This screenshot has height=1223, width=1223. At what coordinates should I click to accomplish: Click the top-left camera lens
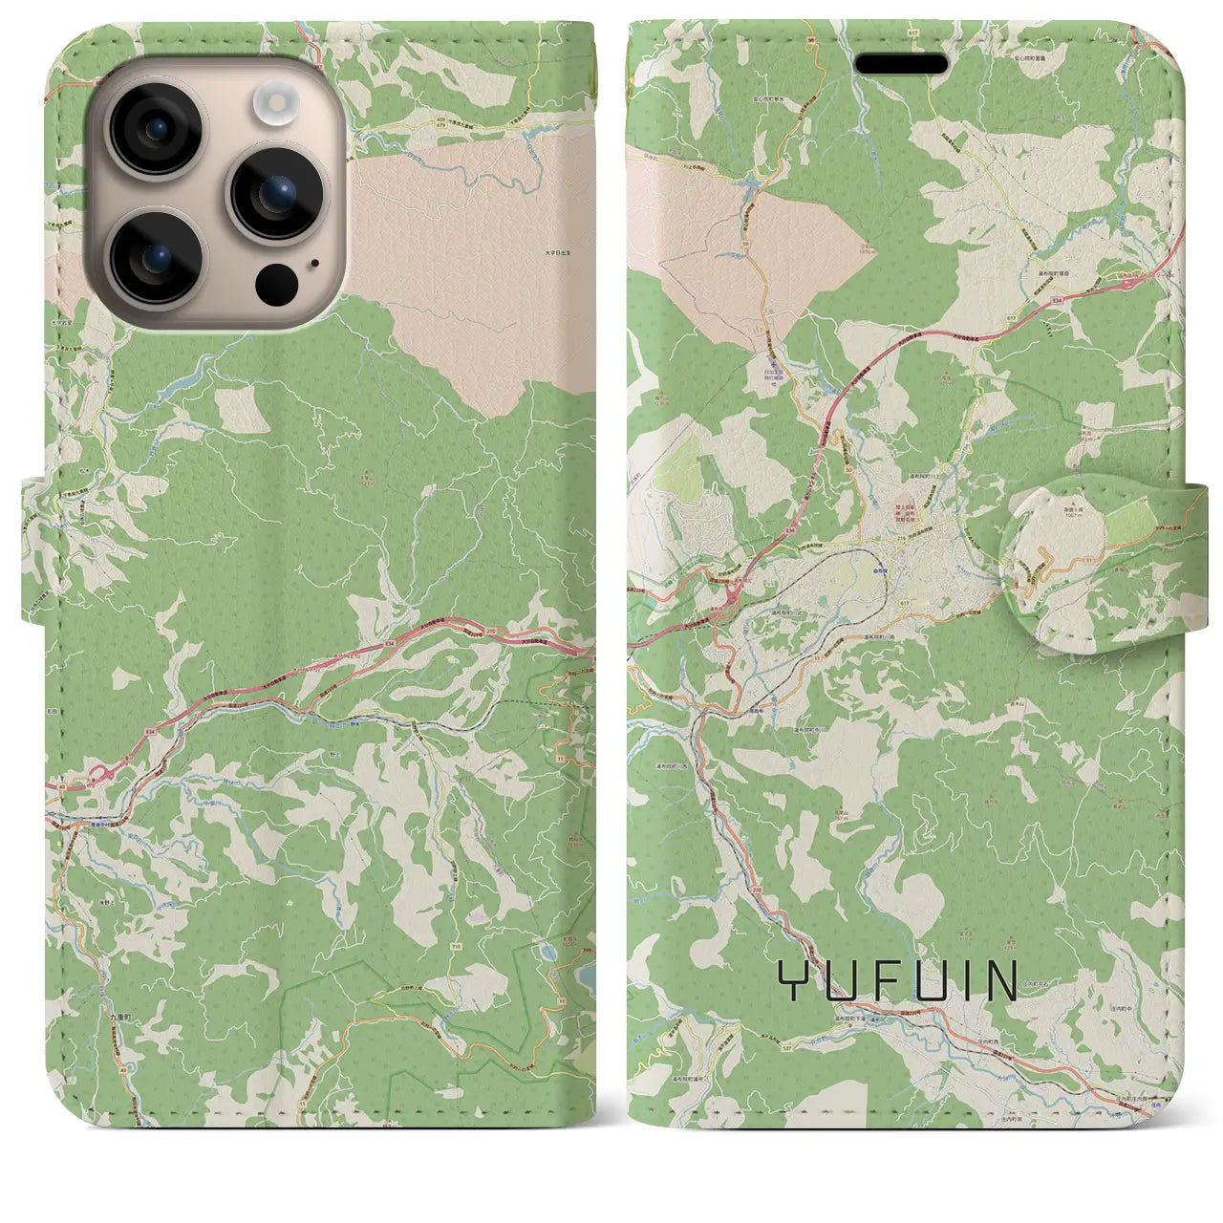[x=156, y=128]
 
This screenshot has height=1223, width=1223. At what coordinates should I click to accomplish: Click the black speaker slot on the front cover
[x=901, y=64]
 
